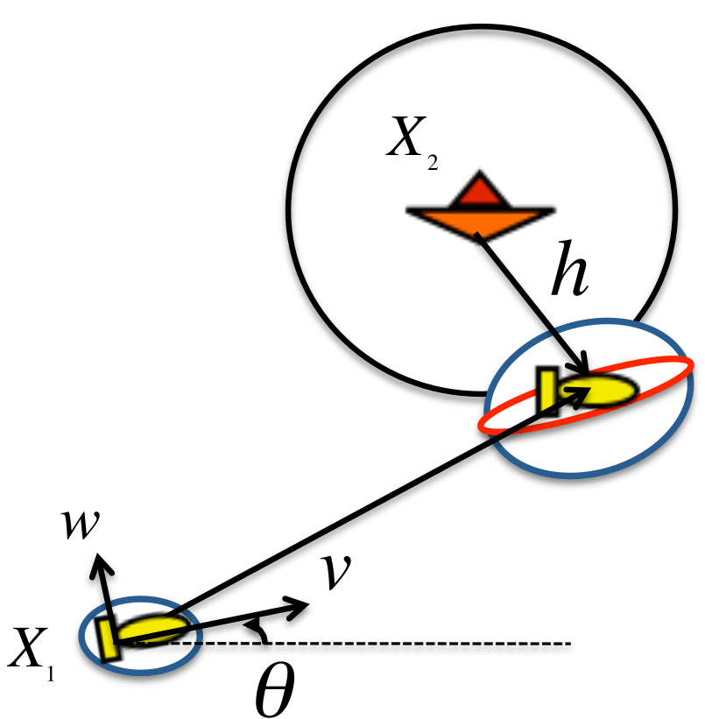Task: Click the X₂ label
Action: tap(412, 142)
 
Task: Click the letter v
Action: tap(336, 571)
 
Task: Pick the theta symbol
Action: tap(274, 689)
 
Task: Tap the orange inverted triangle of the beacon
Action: tap(480, 223)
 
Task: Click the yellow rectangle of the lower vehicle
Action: tap(109, 639)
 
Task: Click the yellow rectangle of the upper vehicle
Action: tap(547, 391)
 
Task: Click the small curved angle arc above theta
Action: tap(257, 629)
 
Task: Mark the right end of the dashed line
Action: tap(571, 644)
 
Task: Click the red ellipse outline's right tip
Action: tap(693, 366)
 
